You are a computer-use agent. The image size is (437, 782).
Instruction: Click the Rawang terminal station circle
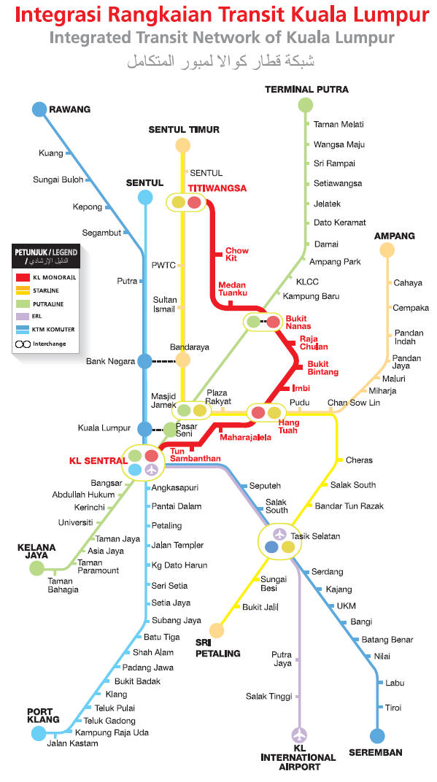39,109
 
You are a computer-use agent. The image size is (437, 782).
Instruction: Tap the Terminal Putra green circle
305,105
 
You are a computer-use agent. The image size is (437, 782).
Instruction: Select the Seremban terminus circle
378,735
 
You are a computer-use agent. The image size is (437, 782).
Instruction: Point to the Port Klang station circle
39,733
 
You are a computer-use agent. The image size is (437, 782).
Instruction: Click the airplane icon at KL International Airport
299,735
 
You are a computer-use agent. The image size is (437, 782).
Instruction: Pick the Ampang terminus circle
387,250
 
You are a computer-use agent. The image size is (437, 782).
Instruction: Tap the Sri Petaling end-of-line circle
217,630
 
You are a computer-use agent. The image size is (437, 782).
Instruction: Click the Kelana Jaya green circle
37,568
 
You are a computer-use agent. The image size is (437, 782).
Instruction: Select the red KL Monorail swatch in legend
23,277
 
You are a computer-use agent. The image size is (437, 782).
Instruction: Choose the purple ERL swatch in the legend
23,316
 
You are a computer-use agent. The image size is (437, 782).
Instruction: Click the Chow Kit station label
237,255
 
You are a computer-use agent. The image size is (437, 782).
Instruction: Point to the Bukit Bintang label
322,368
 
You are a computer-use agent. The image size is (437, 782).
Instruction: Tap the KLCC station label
307,282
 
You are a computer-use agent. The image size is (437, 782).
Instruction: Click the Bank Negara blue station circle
144,361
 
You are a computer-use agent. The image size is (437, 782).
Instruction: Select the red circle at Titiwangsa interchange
194,202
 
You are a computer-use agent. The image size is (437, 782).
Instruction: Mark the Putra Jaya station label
282,659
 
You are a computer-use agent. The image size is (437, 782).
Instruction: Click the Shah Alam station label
153,652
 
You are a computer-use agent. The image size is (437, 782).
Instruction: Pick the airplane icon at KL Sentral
152,469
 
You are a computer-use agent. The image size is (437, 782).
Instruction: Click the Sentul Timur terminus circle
183,145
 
